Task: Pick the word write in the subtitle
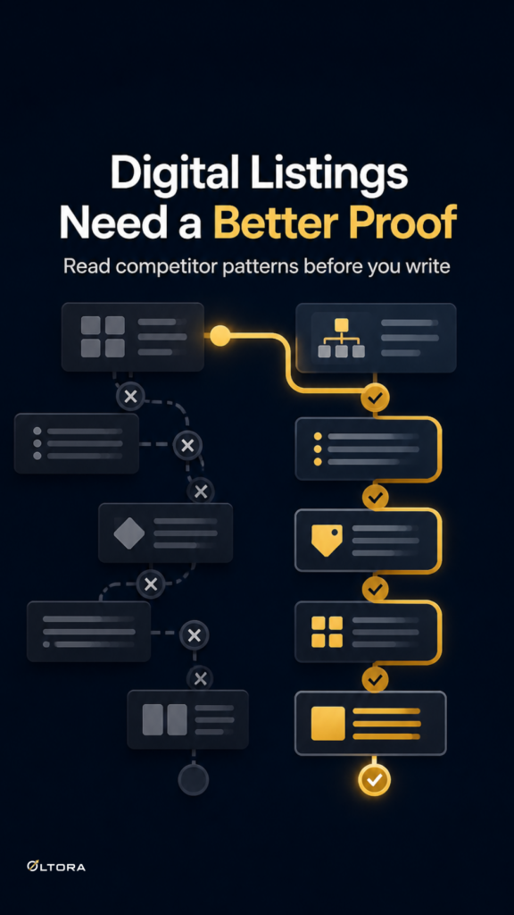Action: tap(424, 266)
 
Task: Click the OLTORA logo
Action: tap(56, 866)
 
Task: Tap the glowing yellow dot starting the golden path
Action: tap(220, 336)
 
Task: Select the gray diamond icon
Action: tap(128, 533)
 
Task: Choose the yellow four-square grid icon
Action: tap(327, 632)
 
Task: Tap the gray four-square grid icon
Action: tap(103, 337)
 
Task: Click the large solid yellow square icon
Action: tap(328, 724)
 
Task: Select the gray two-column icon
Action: tap(165, 719)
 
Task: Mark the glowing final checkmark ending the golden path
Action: tap(374, 779)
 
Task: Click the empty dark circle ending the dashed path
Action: tap(194, 779)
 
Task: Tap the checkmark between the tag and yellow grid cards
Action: tap(376, 588)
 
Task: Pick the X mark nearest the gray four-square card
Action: tap(130, 397)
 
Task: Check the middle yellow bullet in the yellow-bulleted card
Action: tap(318, 449)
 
